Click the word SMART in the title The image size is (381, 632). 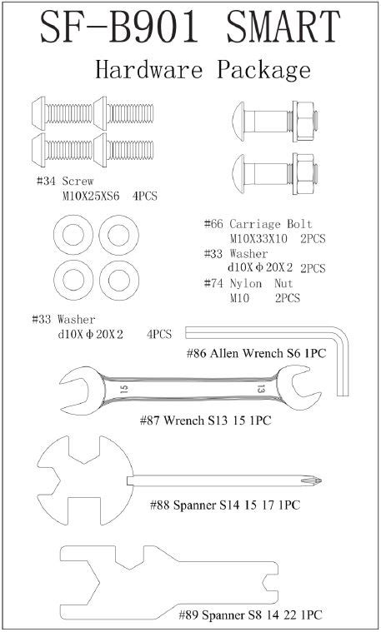tap(283, 27)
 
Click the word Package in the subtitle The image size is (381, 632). tap(264, 69)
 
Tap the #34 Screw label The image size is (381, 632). tap(65, 182)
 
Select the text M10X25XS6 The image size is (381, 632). tap(91, 197)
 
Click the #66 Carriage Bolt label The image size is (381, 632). tap(258, 224)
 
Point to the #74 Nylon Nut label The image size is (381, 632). tap(248, 284)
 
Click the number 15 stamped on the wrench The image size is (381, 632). tap(124, 390)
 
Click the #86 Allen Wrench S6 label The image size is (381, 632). tap(256, 354)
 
